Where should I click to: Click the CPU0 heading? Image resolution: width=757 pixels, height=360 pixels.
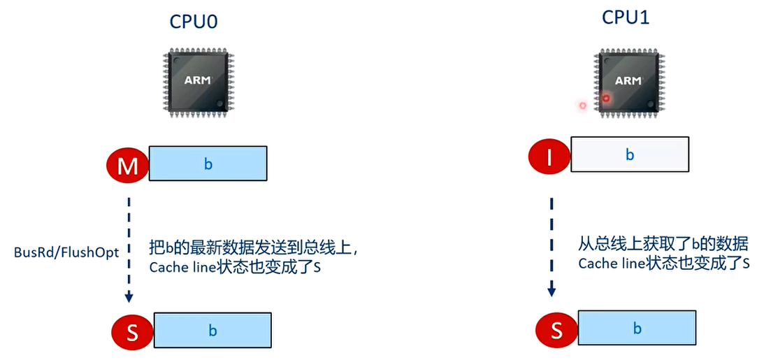point(194,21)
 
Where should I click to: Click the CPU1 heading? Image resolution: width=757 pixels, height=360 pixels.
point(626,17)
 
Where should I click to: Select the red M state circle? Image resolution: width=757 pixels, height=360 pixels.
point(127,165)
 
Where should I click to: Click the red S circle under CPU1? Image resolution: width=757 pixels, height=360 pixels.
point(556,329)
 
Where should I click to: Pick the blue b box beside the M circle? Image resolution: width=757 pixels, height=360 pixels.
point(208,164)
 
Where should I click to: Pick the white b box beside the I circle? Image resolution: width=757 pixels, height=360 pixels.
point(630,154)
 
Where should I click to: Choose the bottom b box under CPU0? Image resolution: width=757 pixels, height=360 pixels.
point(212,330)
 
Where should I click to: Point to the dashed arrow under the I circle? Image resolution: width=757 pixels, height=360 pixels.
point(551,245)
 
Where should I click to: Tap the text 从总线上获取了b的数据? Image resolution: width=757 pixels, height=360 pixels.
point(663,245)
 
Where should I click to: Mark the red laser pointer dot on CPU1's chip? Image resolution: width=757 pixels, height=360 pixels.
point(606,99)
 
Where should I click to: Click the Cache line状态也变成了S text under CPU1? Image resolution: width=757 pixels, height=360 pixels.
point(663,264)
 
